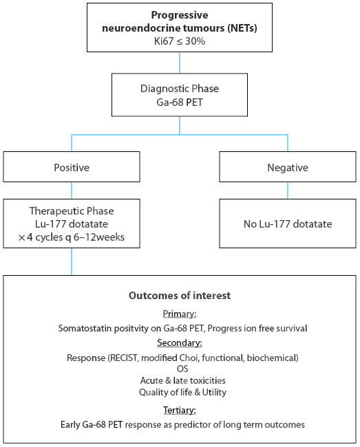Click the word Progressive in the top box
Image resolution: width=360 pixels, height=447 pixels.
(x=180, y=15)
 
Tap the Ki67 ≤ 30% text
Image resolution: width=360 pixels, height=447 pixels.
(x=180, y=41)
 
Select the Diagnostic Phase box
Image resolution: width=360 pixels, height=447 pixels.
(x=180, y=95)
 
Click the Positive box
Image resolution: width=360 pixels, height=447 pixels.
(x=72, y=167)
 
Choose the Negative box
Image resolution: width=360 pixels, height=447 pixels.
(x=288, y=167)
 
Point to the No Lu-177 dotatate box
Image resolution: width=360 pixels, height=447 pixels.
(x=288, y=223)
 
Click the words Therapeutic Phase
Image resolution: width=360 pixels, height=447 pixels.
(x=72, y=211)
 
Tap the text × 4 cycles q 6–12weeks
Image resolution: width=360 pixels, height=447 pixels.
(x=72, y=237)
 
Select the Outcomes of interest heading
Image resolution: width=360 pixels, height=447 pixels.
(x=180, y=296)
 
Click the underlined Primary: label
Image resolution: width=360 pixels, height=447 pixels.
(x=180, y=314)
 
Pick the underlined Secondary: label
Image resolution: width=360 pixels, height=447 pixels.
(x=180, y=342)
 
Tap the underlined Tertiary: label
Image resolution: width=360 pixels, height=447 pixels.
(x=180, y=411)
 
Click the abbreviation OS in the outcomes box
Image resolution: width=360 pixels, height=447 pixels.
(x=182, y=369)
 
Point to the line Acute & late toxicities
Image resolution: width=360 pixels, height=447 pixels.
(x=182, y=380)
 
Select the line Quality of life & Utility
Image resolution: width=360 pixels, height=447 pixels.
(x=182, y=393)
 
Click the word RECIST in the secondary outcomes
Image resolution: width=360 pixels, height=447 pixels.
(x=123, y=358)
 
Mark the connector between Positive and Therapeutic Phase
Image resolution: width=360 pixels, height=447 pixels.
(x=72, y=190)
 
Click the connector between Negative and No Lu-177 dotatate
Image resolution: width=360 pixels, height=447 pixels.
(x=288, y=190)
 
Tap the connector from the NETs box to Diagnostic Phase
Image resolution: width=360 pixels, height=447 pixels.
(x=180, y=63)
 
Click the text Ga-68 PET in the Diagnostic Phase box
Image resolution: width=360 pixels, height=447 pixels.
(x=180, y=102)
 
